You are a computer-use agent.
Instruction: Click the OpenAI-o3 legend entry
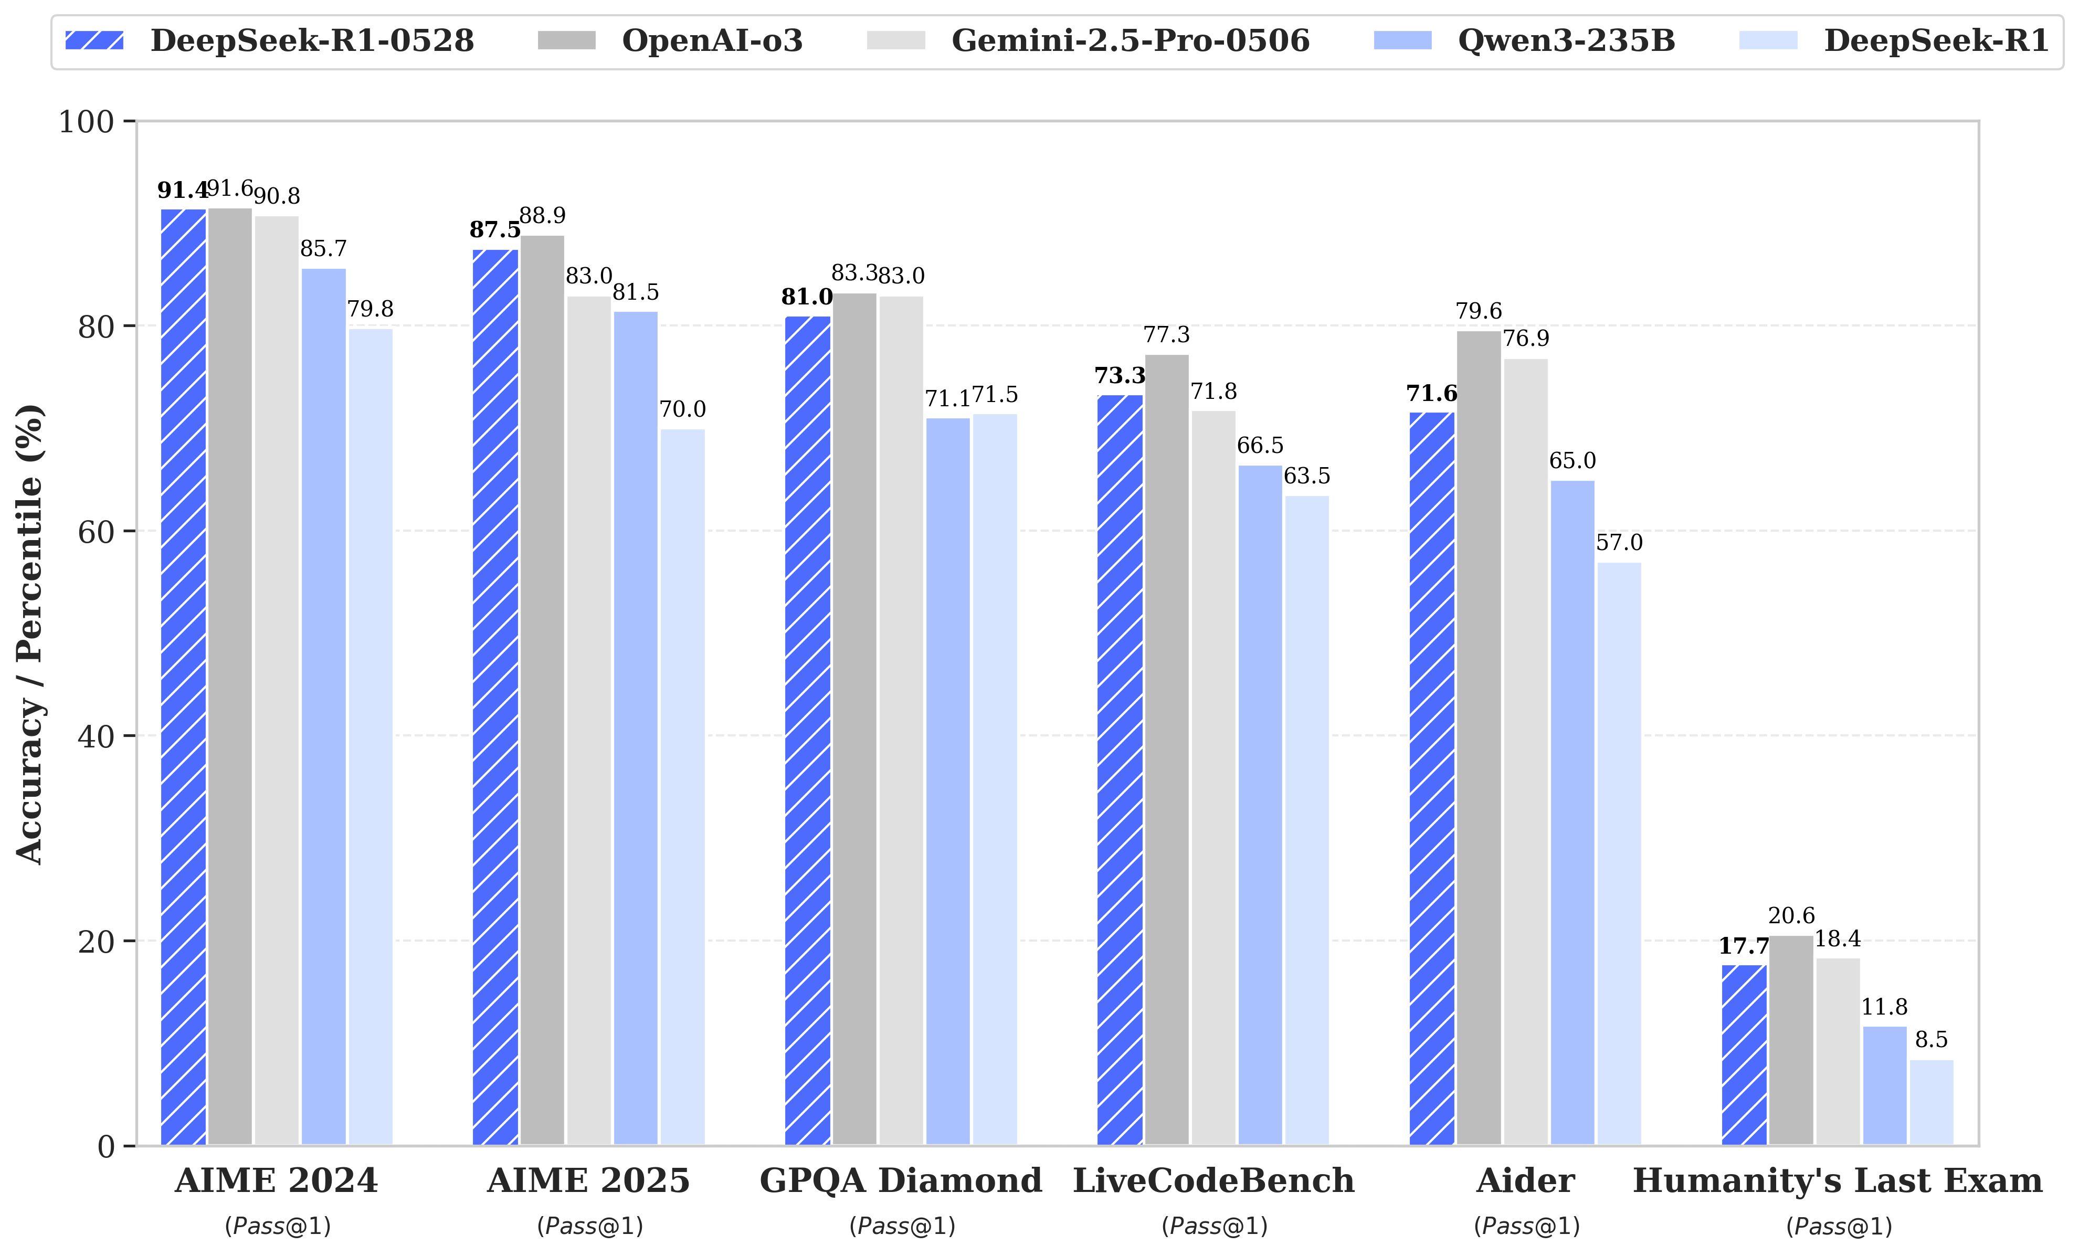[711, 40]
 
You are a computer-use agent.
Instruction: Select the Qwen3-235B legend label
[1566, 40]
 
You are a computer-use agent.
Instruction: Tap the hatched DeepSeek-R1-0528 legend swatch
[94, 40]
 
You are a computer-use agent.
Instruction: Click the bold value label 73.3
[1120, 375]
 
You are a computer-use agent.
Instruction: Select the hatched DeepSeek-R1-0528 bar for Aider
[1432, 776]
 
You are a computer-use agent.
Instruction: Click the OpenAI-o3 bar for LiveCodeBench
[1167, 751]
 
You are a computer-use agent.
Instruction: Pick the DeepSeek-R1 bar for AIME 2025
[683, 785]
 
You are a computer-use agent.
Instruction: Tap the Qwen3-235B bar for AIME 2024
[324, 709]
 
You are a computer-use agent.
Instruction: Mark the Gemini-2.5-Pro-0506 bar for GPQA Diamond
[901, 717]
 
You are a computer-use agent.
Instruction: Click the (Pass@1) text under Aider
[1526, 1226]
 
